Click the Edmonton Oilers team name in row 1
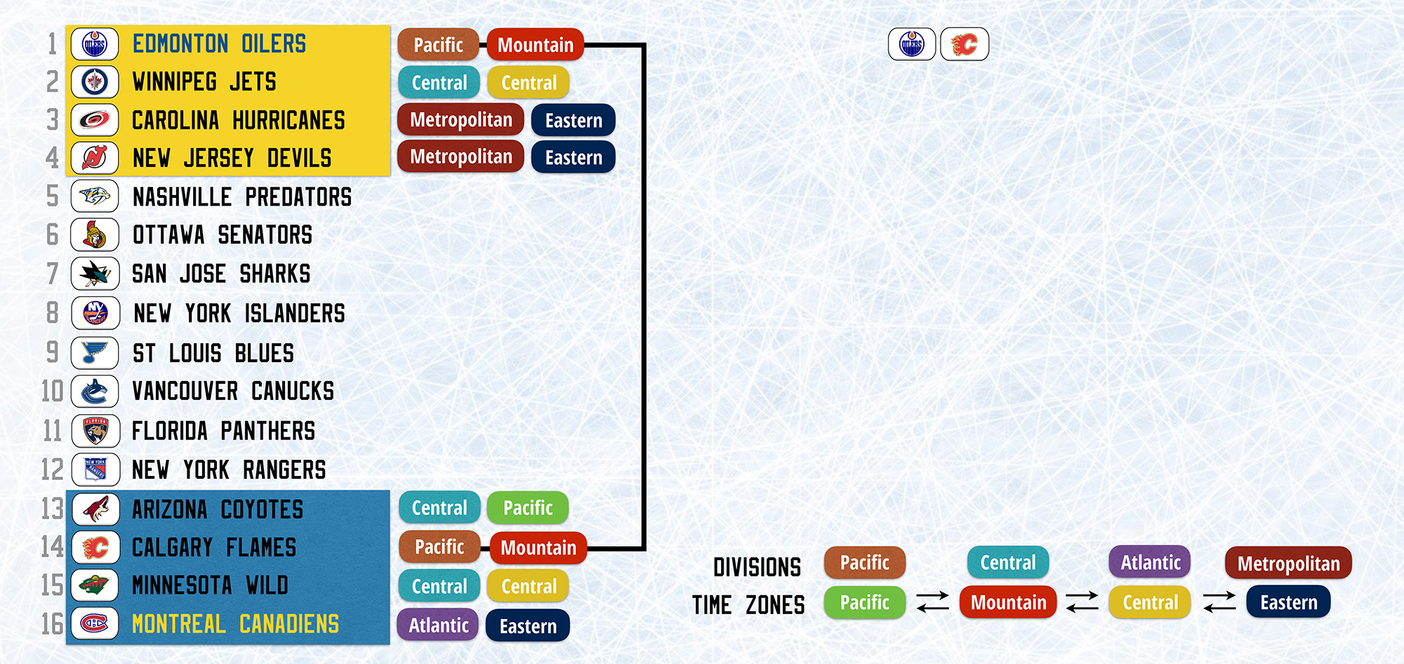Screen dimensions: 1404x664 (219, 44)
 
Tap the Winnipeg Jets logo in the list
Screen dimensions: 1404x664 (95, 82)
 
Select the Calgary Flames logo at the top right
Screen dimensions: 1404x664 (965, 44)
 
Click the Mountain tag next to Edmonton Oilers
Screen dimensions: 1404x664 (536, 45)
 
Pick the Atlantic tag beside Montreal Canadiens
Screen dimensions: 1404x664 (439, 625)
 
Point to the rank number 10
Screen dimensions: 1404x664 (53, 391)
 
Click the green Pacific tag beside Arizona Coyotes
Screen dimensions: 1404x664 (528, 507)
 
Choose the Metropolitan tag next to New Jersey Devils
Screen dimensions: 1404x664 (461, 157)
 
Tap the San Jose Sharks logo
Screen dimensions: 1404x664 (95, 274)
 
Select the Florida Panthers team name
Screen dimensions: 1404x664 (224, 431)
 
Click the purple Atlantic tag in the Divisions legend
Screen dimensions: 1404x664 (1151, 562)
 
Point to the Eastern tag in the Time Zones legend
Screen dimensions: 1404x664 (1289, 602)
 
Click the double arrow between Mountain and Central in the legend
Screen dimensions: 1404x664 (1082, 602)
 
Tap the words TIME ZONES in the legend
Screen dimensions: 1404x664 (748, 605)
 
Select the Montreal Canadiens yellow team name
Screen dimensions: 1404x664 (236, 624)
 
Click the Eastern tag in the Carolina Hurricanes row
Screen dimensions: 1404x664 (574, 120)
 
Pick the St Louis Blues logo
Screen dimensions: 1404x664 (95, 352)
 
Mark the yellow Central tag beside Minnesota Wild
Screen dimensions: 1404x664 (529, 586)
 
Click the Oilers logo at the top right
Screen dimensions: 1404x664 (912, 44)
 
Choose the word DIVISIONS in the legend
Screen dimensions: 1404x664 (757, 567)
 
